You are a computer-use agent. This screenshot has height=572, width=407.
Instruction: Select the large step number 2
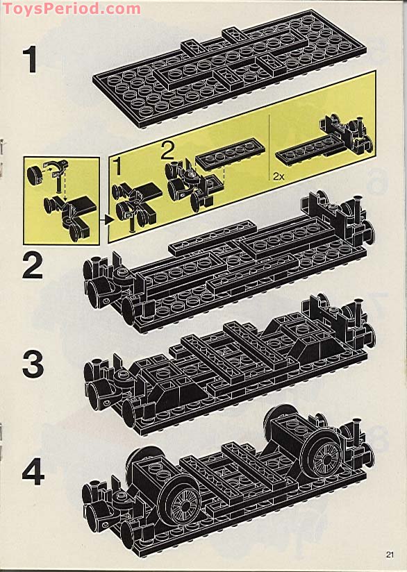33,265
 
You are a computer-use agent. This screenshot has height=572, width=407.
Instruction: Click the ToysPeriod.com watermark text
71,8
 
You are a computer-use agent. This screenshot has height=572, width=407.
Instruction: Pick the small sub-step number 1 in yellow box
118,167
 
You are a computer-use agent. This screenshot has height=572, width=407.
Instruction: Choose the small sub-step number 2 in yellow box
167,150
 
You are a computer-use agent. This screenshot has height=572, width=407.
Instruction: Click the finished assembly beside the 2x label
326,142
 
